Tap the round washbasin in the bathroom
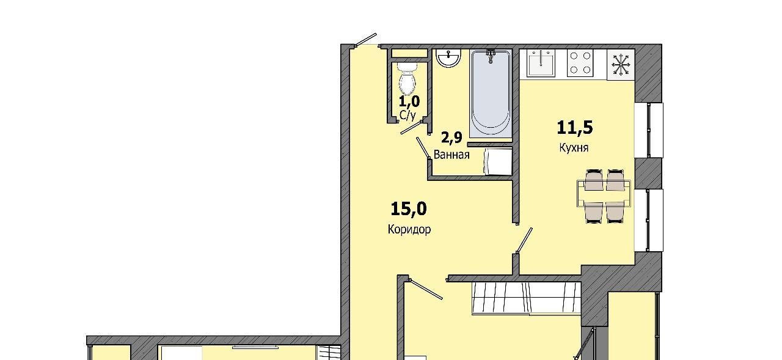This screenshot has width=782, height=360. click(448, 57)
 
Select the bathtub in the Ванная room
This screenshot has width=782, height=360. click(491, 94)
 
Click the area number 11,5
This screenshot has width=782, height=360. click(575, 128)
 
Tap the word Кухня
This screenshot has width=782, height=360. click(574, 148)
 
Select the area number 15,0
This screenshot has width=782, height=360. click(409, 209)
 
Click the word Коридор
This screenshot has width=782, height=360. click(409, 229)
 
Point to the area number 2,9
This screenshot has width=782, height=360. click(451, 138)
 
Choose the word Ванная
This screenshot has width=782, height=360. click(451, 155)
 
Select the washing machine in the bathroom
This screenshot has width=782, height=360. click(497, 161)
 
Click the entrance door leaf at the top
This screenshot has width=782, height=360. click(366, 39)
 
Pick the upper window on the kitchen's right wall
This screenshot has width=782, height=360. click(649, 130)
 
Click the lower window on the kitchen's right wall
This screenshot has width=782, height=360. click(649, 220)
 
